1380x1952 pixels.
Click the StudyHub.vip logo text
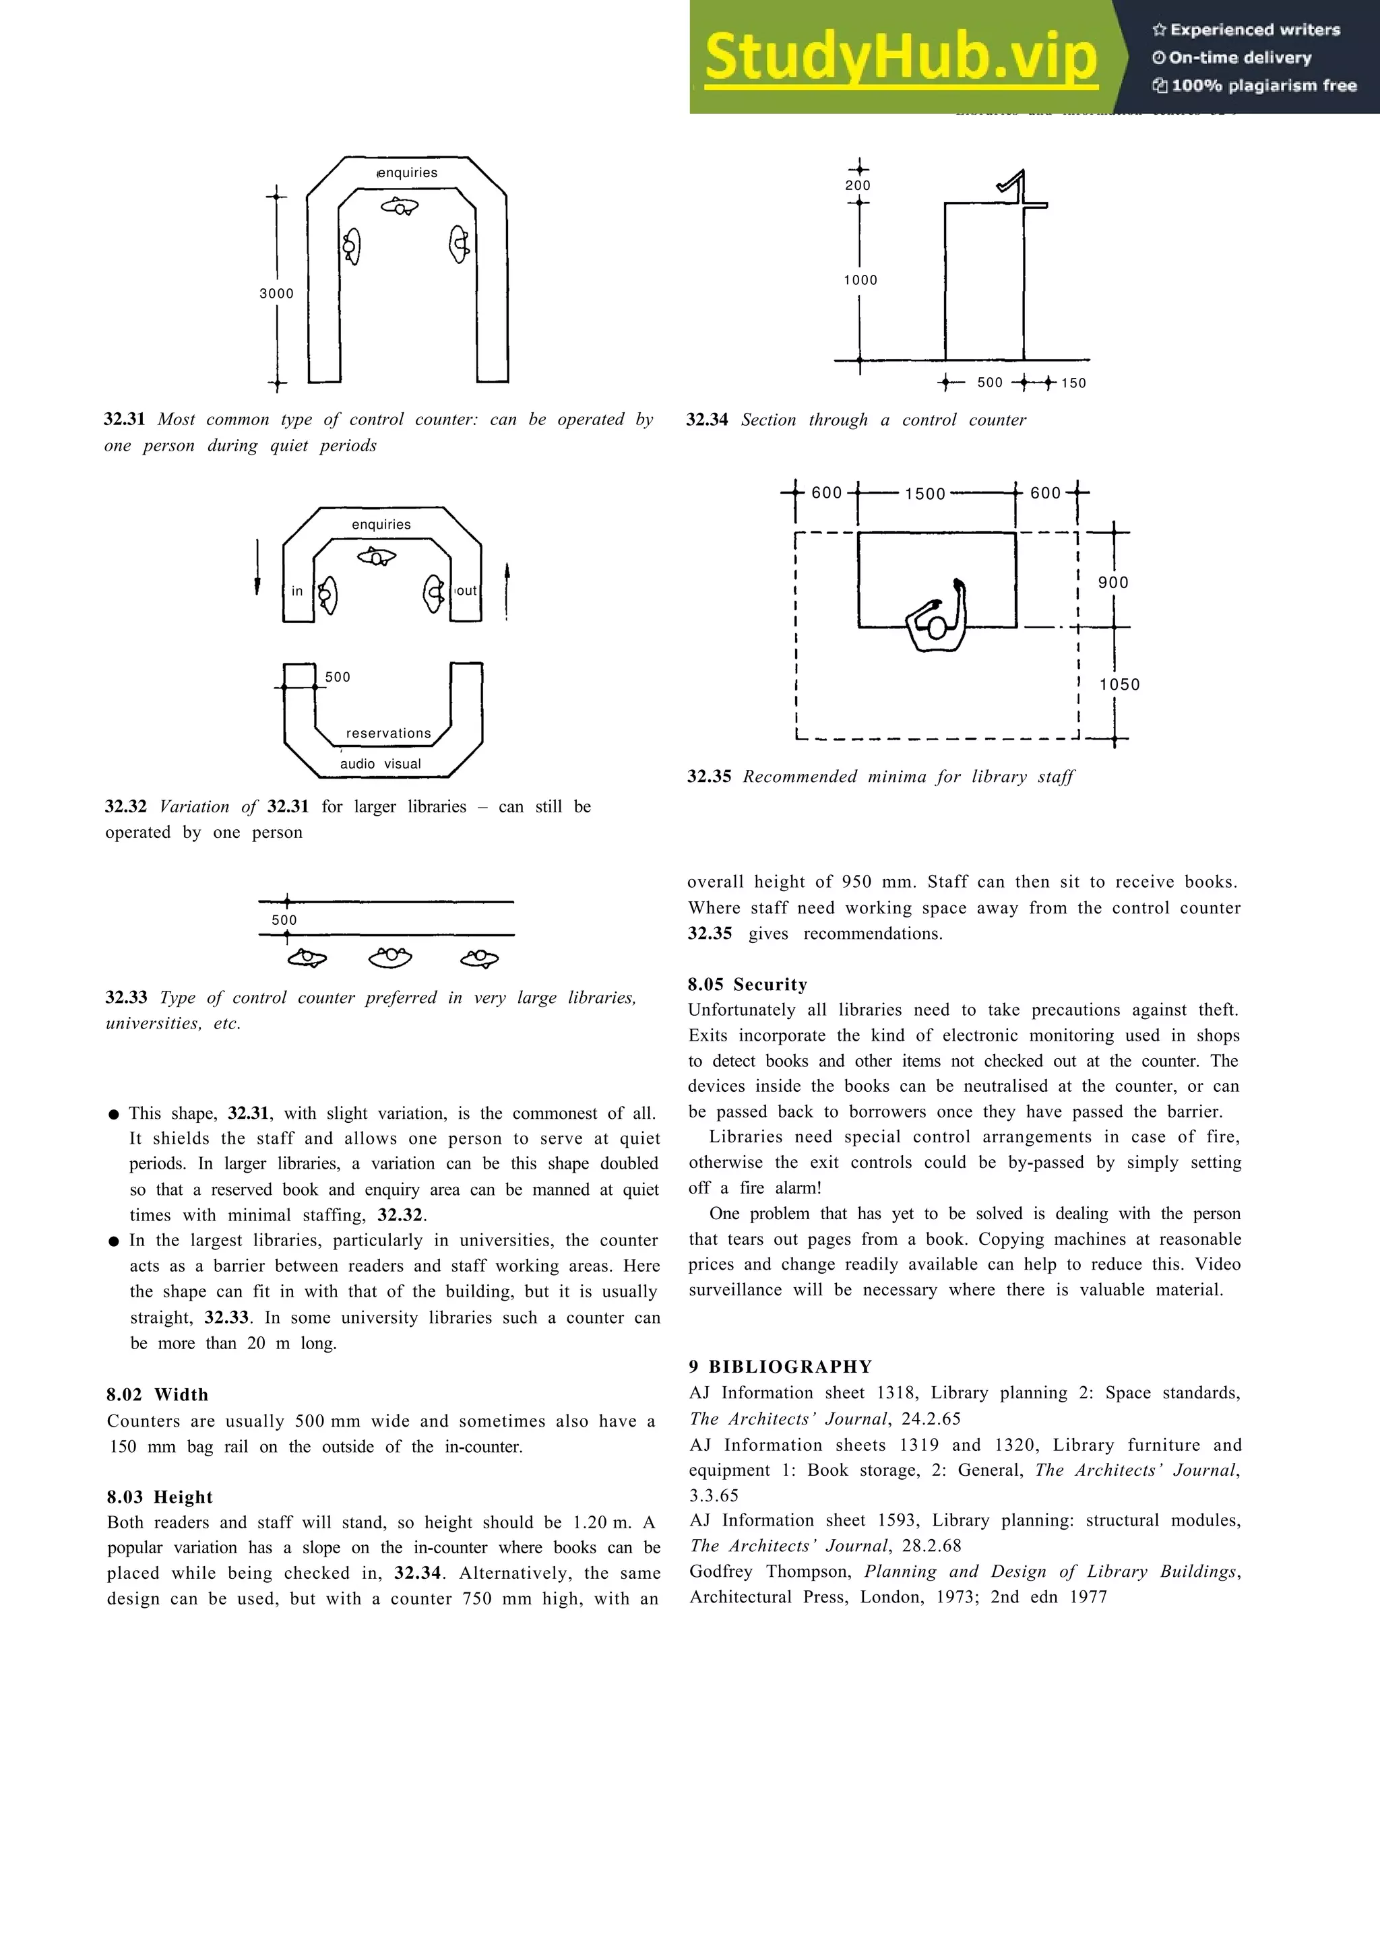tap(900, 57)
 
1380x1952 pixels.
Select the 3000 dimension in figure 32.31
tap(276, 293)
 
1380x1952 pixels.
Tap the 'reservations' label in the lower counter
tap(389, 733)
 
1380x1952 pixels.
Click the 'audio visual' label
tap(380, 763)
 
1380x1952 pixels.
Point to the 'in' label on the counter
tap(296, 591)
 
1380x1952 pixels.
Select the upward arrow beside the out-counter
tap(507, 590)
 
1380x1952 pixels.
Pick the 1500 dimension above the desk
tap(925, 494)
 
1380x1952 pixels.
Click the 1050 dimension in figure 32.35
tap(1119, 684)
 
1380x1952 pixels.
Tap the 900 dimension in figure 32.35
tap(1113, 583)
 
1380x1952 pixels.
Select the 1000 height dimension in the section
tap(860, 280)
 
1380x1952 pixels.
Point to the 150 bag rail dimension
tap(1073, 383)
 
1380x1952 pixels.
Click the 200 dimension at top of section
tap(858, 185)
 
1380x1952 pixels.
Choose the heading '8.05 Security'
tap(747, 985)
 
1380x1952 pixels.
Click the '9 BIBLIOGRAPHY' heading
tap(780, 1366)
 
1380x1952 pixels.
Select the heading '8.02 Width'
tap(157, 1394)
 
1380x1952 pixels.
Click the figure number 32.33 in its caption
tap(126, 998)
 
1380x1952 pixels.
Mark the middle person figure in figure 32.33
tap(390, 957)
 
